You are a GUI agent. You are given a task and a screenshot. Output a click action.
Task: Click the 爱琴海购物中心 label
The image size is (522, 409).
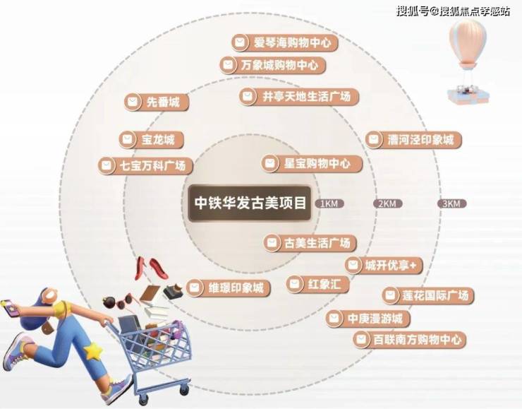[285, 42]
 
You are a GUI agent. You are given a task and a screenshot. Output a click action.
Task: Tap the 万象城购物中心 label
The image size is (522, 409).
[272, 65]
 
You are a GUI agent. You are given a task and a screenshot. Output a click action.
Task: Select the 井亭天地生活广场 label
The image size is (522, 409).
[299, 97]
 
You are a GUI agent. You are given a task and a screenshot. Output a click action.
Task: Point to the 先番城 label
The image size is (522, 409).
[157, 102]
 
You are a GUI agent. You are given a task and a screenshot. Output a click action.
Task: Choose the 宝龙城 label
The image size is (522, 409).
[152, 139]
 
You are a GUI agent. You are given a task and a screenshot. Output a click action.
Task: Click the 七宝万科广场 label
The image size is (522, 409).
[145, 165]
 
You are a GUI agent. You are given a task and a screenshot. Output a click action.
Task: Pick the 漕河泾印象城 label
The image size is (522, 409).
[413, 139]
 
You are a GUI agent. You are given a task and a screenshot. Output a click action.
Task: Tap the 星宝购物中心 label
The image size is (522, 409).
[312, 163]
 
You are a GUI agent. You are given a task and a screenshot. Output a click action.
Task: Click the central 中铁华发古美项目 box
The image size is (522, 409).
[250, 203]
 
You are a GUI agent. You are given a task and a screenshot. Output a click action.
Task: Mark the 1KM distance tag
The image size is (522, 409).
[329, 203]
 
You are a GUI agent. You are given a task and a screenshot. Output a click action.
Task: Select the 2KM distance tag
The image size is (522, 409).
[387, 203]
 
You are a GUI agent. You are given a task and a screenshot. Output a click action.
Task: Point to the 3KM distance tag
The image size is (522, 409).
[451, 203]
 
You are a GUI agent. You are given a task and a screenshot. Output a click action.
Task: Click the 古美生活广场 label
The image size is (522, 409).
[310, 243]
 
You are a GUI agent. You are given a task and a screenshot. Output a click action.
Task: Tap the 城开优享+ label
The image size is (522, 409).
[384, 266]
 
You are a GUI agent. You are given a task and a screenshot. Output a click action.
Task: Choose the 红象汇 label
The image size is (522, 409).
[317, 284]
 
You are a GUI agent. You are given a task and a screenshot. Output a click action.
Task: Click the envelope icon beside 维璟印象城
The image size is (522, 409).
[194, 288]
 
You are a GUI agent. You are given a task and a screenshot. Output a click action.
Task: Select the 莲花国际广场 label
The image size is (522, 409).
[427, 295]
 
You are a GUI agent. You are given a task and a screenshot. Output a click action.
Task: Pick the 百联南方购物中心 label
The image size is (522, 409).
[409, 340]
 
